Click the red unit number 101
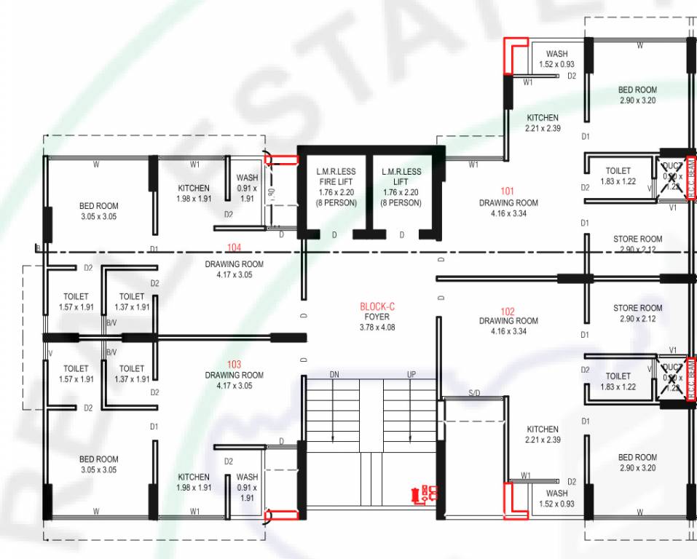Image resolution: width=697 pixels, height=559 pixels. tap(508, 192)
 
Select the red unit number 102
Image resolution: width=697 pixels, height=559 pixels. tap(508, 310)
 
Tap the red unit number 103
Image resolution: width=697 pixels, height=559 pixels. tap(234, 364)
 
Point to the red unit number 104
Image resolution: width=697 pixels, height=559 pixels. tap(234, 247)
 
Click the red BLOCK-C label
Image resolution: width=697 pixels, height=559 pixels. tap(377, 306)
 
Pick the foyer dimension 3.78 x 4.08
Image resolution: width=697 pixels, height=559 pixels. tap(377, 328)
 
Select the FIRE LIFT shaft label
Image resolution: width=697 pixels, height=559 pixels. tap(336, 182)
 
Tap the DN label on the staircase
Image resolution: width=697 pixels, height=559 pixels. tap(334, 374)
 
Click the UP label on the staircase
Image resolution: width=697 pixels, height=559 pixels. tap(411, 374)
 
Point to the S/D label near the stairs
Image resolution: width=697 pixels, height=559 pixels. tap(474, 393)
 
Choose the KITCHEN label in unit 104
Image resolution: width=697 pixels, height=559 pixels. tap(193, 189)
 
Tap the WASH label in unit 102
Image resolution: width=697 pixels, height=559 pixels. tap(556, 493)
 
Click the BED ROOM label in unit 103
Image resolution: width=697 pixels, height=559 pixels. tap(98, 459)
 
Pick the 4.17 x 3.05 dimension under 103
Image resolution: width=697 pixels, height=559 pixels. tap(234, 386)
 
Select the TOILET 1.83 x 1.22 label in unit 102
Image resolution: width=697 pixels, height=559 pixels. tap(618, 381)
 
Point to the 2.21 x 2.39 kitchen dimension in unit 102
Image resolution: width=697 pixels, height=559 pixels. tap(543, 440)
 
